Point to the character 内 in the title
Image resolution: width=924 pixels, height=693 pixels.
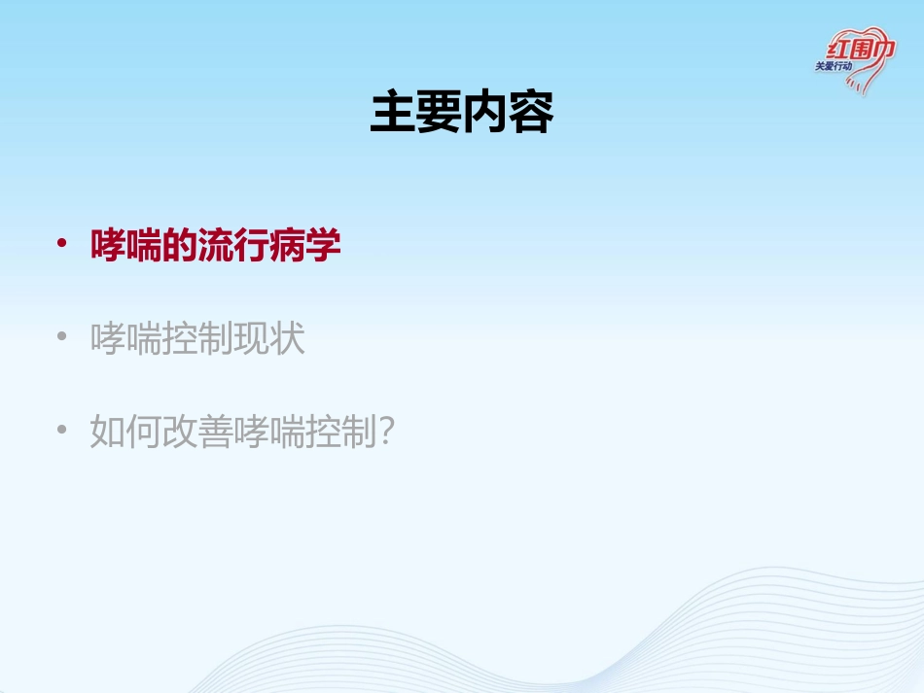point(484,115)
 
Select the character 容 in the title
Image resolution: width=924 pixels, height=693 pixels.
point(530,115)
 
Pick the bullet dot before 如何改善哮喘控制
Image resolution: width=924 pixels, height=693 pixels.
point(61,430)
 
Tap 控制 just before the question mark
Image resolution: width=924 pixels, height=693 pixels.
point(340,432)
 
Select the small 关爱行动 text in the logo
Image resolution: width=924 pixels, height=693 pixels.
point(834,67)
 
